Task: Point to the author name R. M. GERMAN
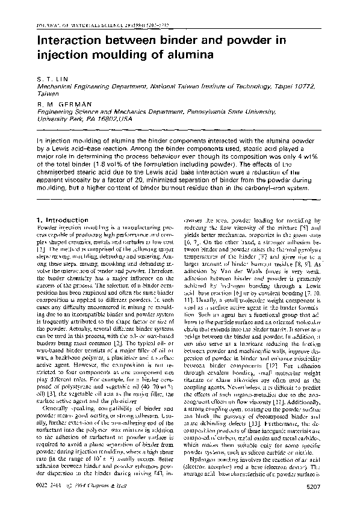(x=59, y=104)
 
